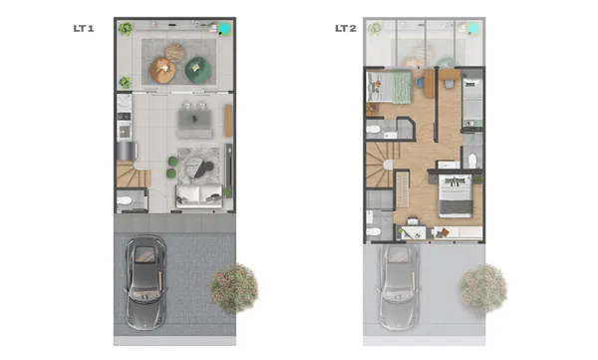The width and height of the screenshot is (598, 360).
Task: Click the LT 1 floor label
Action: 84,28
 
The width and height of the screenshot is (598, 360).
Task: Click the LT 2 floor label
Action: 346,28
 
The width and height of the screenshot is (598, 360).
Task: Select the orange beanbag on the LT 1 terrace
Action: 162,70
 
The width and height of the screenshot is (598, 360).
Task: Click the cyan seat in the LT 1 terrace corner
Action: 224,28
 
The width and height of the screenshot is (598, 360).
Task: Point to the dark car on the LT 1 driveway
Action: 146,282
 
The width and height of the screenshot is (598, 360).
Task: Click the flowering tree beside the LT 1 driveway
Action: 234,288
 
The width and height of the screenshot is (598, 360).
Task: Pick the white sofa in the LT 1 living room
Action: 198,195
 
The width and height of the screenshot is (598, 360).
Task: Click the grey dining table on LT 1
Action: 195,120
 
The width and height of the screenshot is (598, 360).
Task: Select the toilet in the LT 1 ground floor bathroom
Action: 125,200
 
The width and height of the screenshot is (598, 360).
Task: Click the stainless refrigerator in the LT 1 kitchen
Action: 127,151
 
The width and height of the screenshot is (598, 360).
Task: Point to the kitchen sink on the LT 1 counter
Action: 124,132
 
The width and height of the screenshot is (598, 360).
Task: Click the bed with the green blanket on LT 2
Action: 389,87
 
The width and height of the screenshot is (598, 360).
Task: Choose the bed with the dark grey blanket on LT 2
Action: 455,196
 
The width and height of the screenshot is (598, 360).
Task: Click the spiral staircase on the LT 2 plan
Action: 379,165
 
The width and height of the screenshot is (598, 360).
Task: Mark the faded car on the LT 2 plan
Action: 399,287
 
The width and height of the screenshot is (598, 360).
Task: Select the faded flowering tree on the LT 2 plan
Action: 482,288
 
